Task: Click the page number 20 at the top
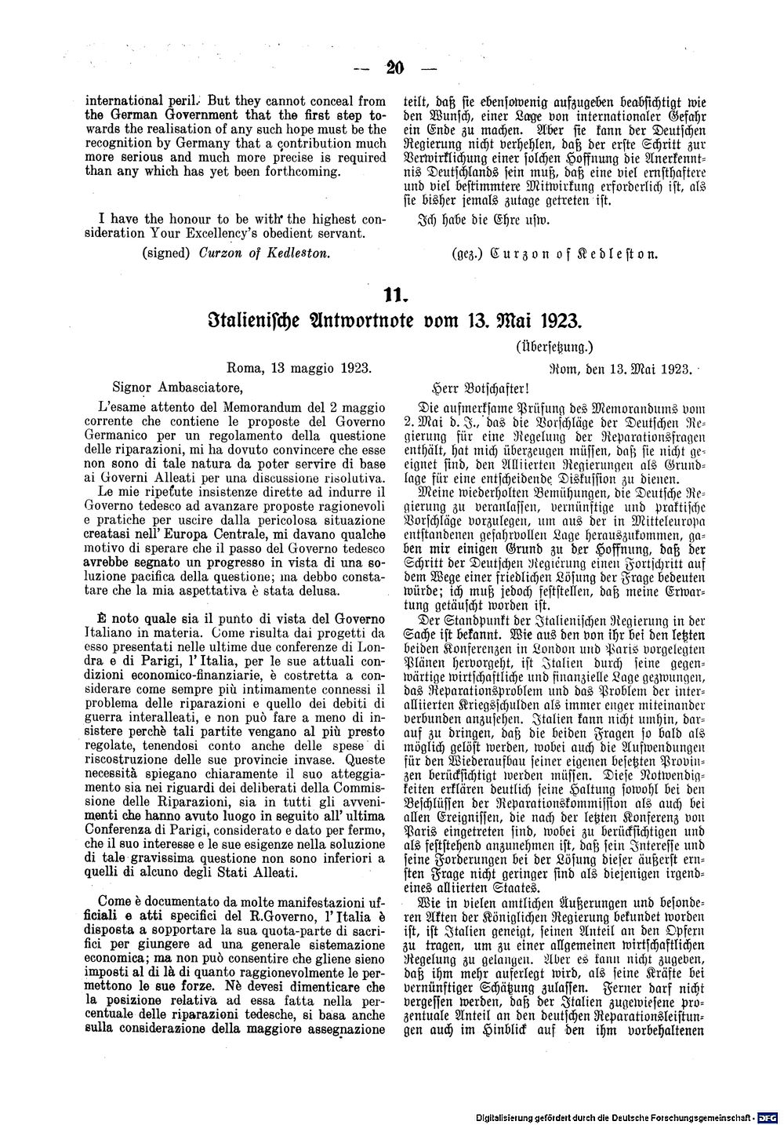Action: coord(394,67)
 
